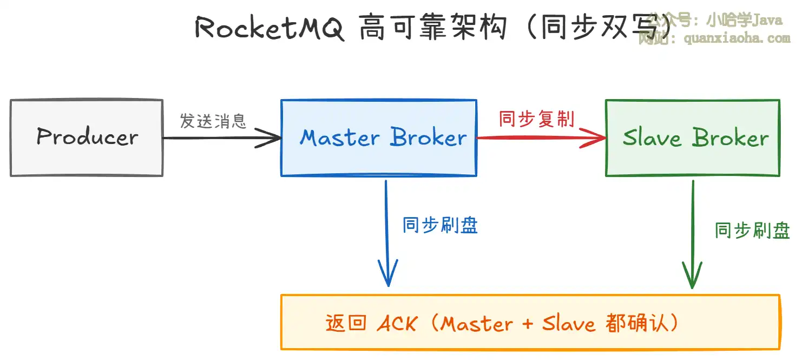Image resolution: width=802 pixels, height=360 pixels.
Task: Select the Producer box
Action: pos(87,138)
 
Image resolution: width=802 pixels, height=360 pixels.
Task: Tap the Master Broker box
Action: pos(379,138)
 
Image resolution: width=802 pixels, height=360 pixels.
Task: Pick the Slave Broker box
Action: pos(693,138)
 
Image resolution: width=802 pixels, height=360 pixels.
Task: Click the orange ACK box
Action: pos(530,322)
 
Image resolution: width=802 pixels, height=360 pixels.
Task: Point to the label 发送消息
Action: pos(213,121)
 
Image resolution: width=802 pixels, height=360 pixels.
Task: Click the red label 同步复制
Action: pos(536,119)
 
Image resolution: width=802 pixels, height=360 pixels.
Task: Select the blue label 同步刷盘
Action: pos(440,225)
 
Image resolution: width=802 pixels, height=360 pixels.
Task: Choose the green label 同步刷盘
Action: pos(752,231)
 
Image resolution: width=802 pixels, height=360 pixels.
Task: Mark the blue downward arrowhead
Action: pos(387,276)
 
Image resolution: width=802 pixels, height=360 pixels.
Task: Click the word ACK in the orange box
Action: pos(397,324)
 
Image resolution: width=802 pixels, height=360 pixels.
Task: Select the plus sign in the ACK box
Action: pos(528,324)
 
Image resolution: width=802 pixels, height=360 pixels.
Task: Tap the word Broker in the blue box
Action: pos(428,138)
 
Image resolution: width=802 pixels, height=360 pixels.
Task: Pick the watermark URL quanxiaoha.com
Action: pos(737,38)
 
